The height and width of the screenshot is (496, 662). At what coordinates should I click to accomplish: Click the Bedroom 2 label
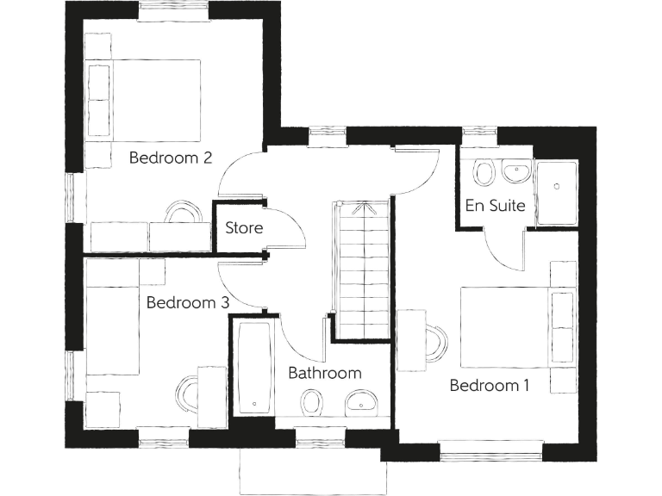(171, 158)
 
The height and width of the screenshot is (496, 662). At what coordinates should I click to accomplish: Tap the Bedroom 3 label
(187, 302)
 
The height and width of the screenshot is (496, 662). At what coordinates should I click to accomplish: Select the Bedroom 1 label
(490, 385)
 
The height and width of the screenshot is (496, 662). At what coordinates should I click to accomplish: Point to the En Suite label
(496, 206)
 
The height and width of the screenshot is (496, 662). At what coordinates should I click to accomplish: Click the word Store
(244, 228)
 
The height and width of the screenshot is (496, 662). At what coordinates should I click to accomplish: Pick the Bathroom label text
(324, 373)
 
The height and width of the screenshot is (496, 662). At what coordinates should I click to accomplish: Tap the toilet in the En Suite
(484, 173)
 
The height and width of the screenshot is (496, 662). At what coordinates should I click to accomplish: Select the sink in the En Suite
(515, 171)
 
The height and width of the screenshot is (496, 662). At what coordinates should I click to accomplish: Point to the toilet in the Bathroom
(311, 402)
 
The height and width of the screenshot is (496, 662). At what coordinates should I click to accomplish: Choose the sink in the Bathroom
(359, 401)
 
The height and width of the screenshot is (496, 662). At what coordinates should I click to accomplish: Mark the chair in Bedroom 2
(182, 211)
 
